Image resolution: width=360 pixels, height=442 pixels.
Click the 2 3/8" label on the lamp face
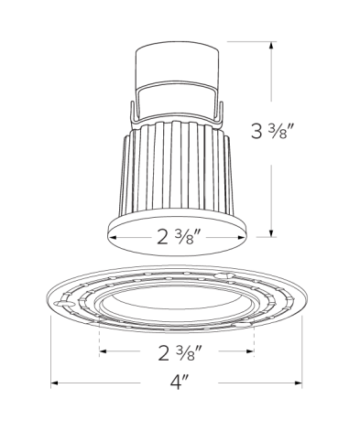point(179,238)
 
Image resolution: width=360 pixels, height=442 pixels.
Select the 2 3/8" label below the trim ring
point(179,351)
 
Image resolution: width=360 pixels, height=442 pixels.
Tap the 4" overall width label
point(178,384)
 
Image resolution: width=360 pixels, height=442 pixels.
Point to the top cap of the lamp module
point(180,63)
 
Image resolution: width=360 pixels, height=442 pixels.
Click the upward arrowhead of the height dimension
point(270,46)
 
